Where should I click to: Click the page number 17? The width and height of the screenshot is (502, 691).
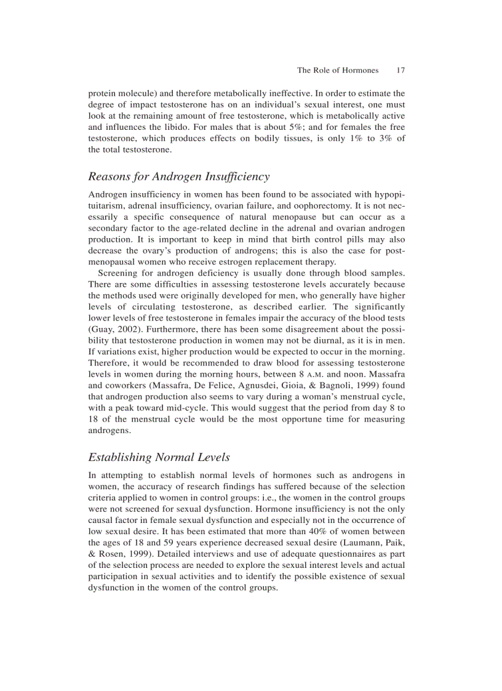tap(400, 70)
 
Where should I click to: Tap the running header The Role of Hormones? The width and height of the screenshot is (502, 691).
tap(338, 70)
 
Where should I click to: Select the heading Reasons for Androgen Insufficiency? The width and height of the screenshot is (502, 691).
tap(179, 177)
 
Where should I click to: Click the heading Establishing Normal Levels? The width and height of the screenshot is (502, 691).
tap(159, 457)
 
